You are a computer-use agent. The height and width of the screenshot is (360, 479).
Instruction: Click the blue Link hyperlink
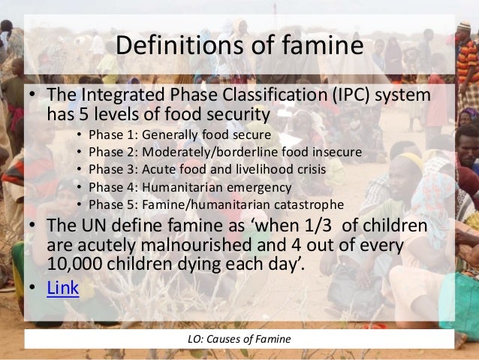click(x=62, y=287)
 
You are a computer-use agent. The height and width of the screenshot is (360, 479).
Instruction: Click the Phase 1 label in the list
click(x=113, y=135)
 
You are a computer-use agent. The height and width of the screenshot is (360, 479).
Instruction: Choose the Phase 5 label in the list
click(x=113, y=204)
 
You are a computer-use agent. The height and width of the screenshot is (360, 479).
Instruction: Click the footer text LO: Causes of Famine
click(x=239, y=339)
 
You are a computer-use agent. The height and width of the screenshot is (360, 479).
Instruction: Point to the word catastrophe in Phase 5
click(x=300, y=204)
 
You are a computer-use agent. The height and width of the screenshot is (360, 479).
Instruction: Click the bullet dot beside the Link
click(x=33, y=288)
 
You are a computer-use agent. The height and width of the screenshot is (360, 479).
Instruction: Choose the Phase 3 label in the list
click(x=113, y=169)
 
